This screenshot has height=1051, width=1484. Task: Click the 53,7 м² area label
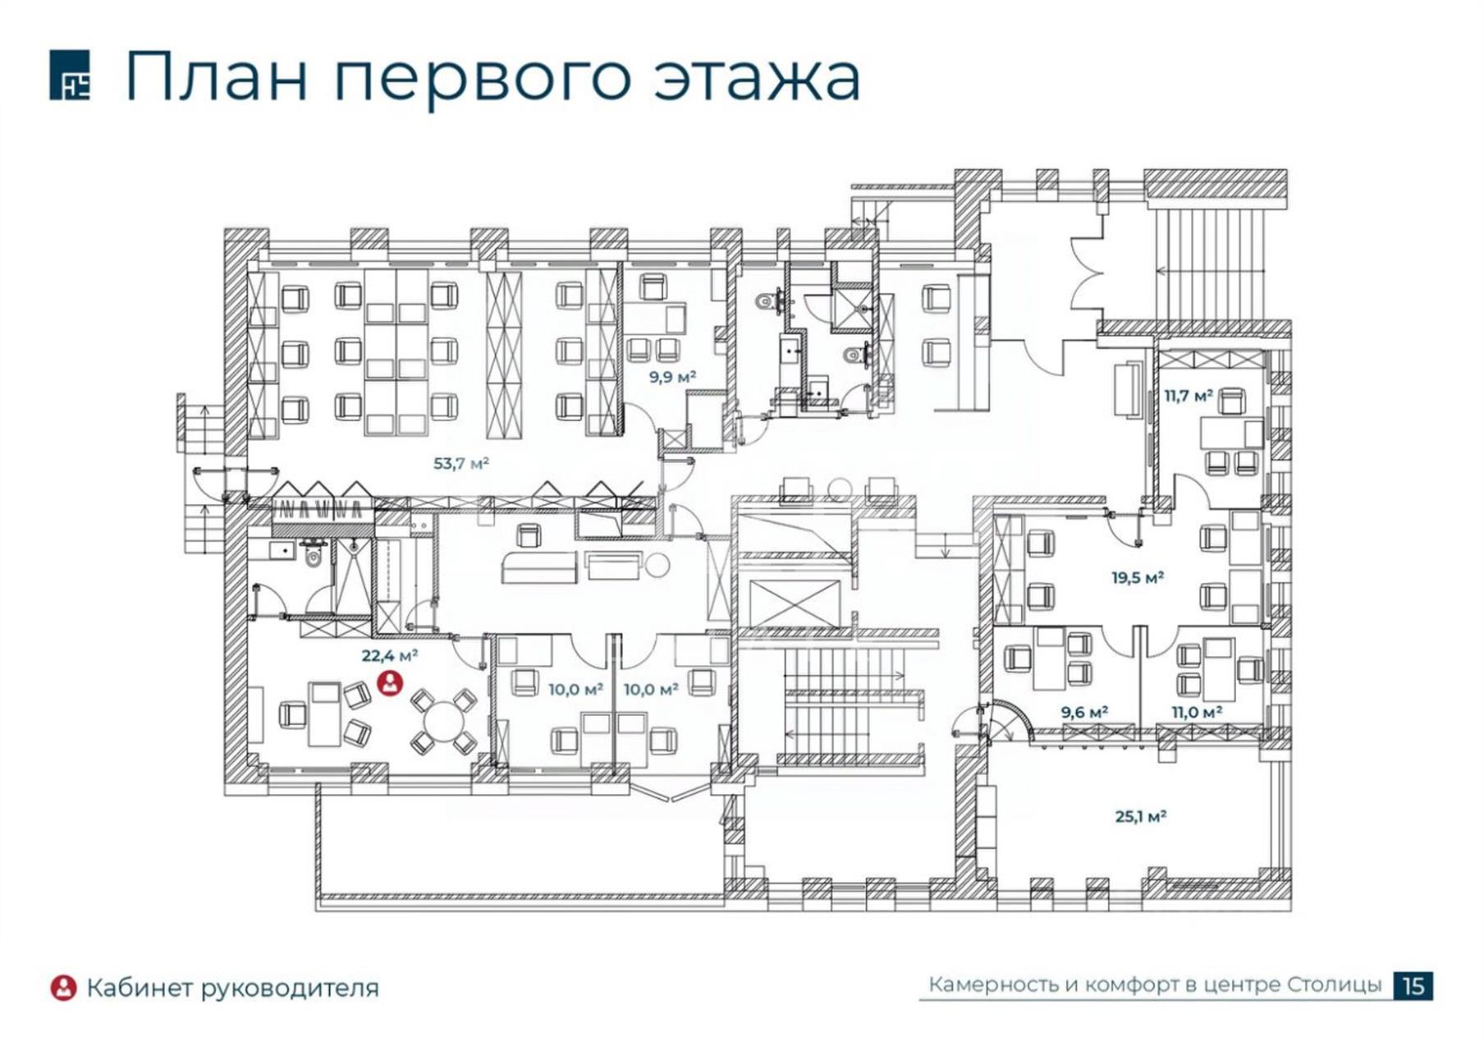point(461,463)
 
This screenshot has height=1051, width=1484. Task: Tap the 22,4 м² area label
point(390,655)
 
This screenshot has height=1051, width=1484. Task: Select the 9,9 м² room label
point(673,377)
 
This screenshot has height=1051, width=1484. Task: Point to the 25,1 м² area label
point(1141,816)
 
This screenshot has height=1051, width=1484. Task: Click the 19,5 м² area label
point(1138,577)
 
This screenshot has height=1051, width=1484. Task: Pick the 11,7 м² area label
point(1189,395)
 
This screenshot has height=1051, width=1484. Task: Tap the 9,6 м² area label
point(1084,712)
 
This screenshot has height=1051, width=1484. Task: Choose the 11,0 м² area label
point(1197,712)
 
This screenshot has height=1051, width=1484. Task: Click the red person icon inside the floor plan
point(390,683)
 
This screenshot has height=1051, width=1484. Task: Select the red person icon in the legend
point(63,988)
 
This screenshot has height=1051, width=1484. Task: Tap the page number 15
point(1413,985)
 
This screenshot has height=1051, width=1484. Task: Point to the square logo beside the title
point(70,75)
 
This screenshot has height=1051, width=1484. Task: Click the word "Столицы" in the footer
point(1335,984)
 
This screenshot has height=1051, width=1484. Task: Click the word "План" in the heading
point(217,76)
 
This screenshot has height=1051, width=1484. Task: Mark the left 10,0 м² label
point(576,689)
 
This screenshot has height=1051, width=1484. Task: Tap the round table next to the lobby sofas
point(657,564)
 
